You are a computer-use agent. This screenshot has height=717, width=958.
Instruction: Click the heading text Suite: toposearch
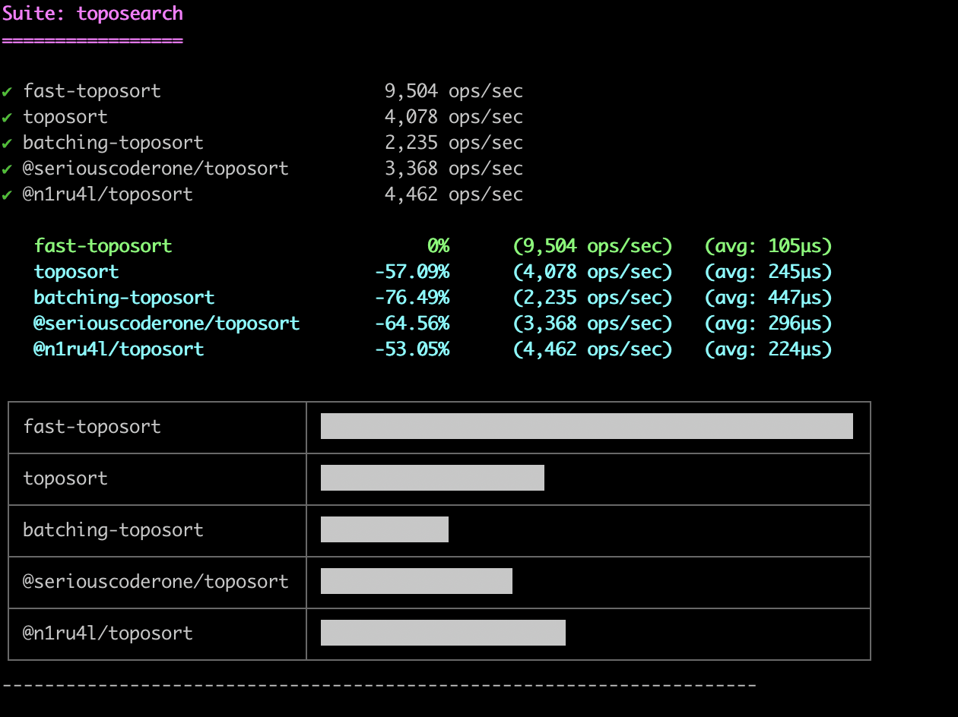[x=92, y=14]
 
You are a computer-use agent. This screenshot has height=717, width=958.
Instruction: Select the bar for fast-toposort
[x=586, y=426]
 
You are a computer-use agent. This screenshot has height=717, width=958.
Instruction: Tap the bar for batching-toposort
[x=384, y=529]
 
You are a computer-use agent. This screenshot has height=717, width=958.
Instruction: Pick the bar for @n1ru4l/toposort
[x=443, y=633]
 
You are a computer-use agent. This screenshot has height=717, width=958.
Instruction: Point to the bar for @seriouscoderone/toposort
[x=416, y=581]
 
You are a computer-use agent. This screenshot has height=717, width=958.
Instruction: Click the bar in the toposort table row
[x=432, y=478]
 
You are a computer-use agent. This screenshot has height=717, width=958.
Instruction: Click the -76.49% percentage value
[x=411, y=297]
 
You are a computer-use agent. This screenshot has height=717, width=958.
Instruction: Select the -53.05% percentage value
[x=411, y=349]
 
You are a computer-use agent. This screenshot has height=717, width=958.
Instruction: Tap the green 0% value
[x=438, y=245]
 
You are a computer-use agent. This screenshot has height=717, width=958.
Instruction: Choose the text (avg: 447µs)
[x=768, y=297]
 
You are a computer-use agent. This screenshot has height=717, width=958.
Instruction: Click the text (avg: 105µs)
[x=768, y=245]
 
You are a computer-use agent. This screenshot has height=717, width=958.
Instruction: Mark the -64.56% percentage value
[x=411, y=323]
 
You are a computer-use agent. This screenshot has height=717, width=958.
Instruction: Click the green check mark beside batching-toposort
[x=7, y=143]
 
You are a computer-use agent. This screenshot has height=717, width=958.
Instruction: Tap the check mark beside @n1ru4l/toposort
[x=7, y=194]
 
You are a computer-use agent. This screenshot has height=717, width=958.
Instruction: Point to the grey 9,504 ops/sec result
[x=453, y=91]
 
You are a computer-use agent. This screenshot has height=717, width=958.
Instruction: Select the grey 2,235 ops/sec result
[x=453, y=143]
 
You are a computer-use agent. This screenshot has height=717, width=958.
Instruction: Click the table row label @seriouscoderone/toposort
[x=156, y=581]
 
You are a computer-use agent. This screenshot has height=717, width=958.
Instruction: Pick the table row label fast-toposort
[x=92, y=426]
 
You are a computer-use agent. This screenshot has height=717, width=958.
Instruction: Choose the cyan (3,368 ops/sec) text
[x=592, y=323]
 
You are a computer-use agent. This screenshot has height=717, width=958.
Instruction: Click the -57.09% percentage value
[x=411, y=271]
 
